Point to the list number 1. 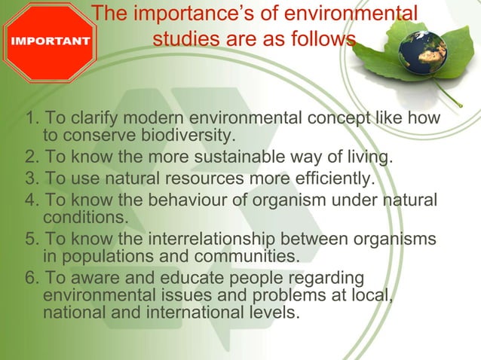pos(32,119)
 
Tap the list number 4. pos(32,200)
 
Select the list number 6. pos(32,279)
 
